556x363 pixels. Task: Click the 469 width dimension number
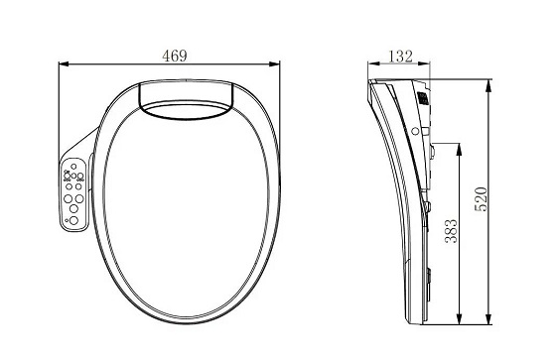pyautogui.click(x=174, y=56)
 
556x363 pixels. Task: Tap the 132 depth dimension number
pyautogui.click(x=401, y=56)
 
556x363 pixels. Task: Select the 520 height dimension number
pyautogui.click(x=481, y=199)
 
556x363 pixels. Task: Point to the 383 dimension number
pyautogui.click(x=451, y=231)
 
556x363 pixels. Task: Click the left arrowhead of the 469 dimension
pyautogui.click(x=64, y=64)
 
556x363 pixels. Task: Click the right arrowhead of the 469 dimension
pyautogui.click(x=275, y=64)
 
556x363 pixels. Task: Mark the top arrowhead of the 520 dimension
pyautogui.click(x=488, y=84)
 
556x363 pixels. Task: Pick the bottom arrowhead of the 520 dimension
pyautogui.click(x=488, y=318)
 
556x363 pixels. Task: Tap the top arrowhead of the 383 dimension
pyautogui.click(x=459, y=149)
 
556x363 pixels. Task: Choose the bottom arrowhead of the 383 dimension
pyautogui.click(x=459, y=318)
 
